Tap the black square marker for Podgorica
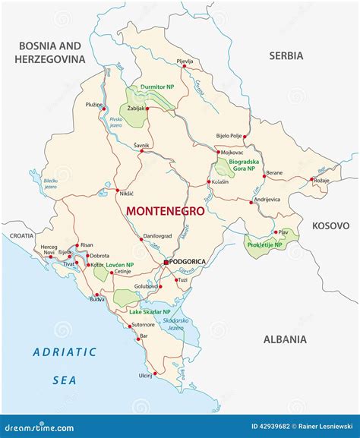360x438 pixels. click(166, 262)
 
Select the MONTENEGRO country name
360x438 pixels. click(165, 211)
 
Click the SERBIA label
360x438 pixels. click(286, 55)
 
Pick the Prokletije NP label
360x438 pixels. click(264, 245)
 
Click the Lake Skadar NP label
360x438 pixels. click(149, 312)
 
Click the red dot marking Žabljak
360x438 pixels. click(147, 109)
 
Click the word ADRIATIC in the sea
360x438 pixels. click(65, 351)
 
